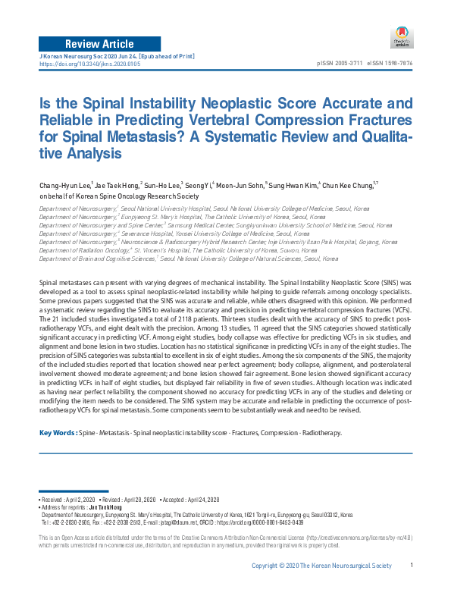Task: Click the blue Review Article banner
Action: (x=100, y=43)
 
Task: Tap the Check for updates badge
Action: (x=401, y=36)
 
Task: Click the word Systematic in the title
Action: (x=313, y=138)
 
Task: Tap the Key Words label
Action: (x=56, y=433)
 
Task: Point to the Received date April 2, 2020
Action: (x=77, y=500)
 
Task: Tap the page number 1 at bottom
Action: (x=411, y=587)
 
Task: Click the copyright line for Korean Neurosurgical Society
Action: (x=322, y=587)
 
